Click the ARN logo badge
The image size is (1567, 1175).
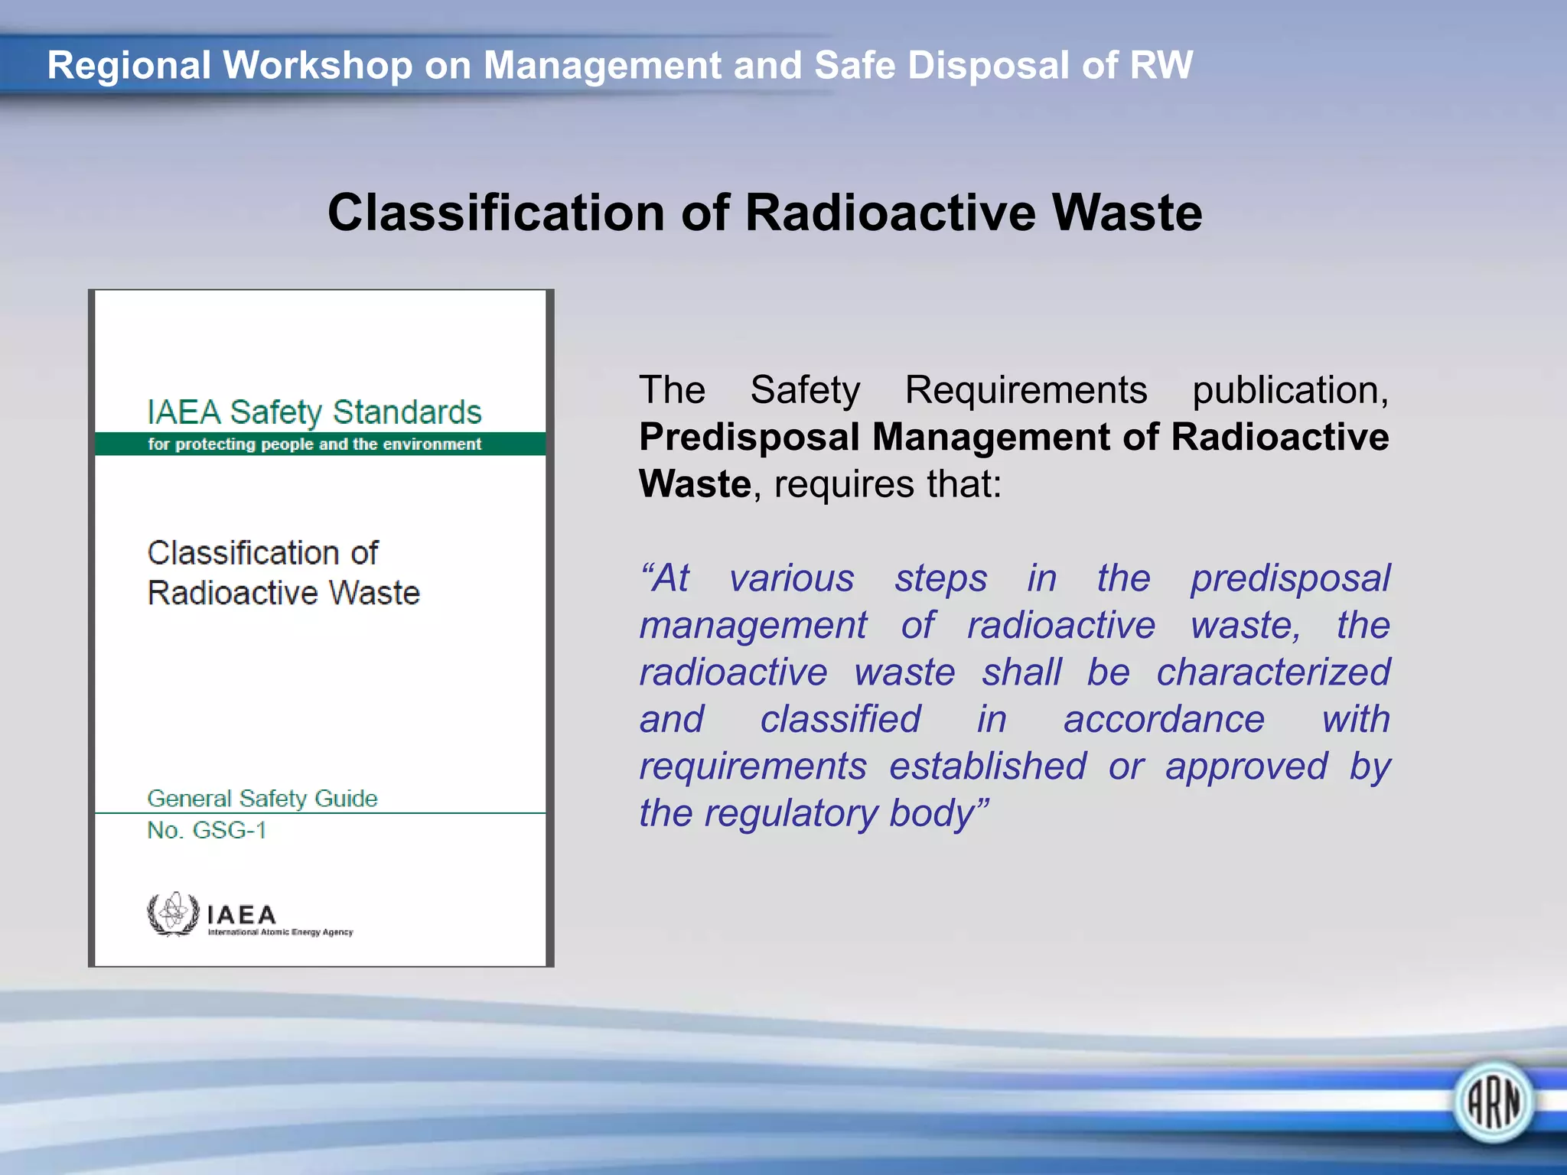[x=1493, y=1102]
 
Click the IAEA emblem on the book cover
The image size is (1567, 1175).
[x=174, y=913]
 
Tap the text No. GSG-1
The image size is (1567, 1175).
[x=207, y=830]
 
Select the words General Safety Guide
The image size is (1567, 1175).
[x=262, y=798]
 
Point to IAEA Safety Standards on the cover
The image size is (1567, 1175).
[x=314, y=412]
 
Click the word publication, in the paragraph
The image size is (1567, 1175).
[x=1290, y=390]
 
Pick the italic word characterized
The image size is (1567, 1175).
[x=1272, y=672]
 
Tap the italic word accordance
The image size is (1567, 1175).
[x=1164, y=720]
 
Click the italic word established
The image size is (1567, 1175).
[x=987, y=767]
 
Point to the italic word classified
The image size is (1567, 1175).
[x=840, y=720]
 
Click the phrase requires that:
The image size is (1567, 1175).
[x=888, y=484]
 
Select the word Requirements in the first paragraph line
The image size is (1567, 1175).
[x=1025, y=390]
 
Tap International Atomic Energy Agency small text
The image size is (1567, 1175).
[x=280, y=933]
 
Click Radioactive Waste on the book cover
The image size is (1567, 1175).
[x=284, y=594]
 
